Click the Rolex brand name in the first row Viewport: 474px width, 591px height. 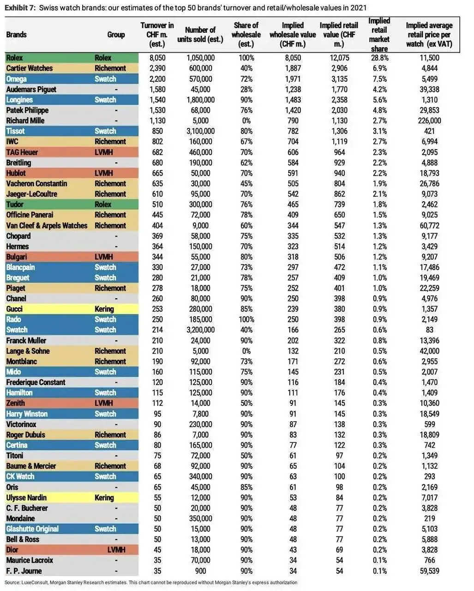coord(14,58)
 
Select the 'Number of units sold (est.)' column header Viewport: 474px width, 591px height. coord(200,35)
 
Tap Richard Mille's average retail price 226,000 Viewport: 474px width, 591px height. coord(429,121)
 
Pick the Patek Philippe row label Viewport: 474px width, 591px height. coord(27,110)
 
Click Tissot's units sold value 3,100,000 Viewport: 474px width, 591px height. coord(200,131)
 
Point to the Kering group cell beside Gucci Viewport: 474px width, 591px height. coord(104,309)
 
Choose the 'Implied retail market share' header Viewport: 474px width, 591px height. coord(379,35)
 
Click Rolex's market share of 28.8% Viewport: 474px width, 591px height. coord(379,58)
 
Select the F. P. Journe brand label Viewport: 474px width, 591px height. coord(24,571)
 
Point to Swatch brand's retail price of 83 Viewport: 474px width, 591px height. coord(429,330)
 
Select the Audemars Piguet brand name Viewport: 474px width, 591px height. coord(31,89)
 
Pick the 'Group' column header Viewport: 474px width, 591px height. coord(116,35)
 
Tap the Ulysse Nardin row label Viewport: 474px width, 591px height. coord(26,497)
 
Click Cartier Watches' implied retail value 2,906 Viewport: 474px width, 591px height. coord(339,68)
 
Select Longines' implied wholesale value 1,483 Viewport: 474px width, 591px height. coord(293,100)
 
